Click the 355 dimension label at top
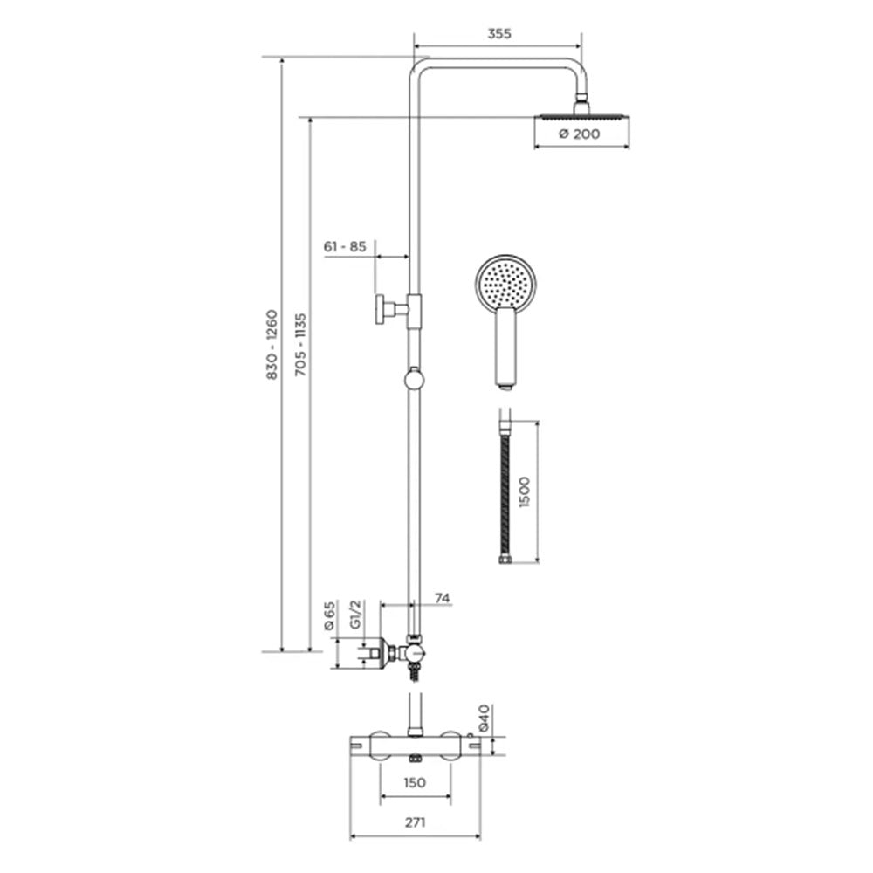point(498,33)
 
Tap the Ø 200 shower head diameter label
point(579,134)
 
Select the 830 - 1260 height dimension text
point(272,345)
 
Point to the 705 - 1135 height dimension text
point(300,344)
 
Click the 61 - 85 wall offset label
point(345,246)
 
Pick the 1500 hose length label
point(524,491)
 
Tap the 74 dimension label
point(442,598)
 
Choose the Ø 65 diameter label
point(330,615)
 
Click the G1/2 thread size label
point(356,615)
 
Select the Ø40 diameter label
point(484,718)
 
